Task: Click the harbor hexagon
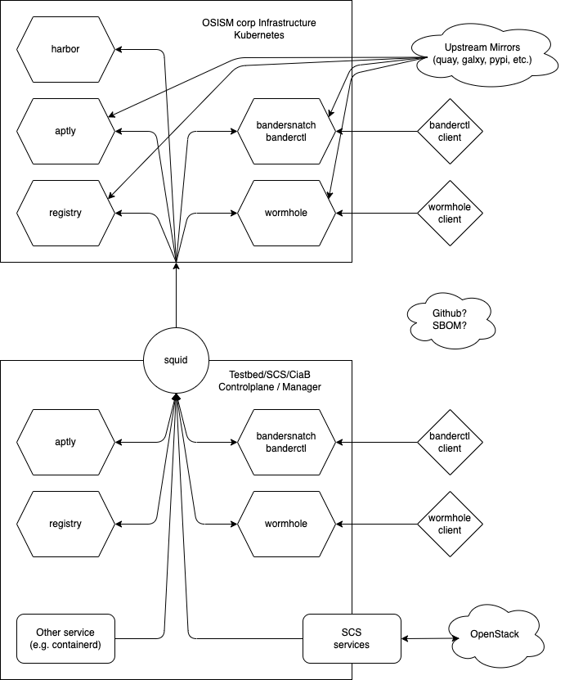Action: pyautogui.click(x=65, y=49)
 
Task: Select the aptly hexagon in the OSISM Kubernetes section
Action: pyautogui.click(x=65, y=131)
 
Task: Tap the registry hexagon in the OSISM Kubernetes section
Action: pyautogui.click(x=65, y=213)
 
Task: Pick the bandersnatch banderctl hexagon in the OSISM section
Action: pyautogui.click(x=286, y=131)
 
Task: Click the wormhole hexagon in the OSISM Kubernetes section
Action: pyautogui.click(x=286, y=213)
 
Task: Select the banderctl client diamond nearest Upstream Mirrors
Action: pyautogui.click(x=450, y=131)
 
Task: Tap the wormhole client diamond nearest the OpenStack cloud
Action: pyautogui.click(x=450, y=524)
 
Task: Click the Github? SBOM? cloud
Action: pyautogui.click(x=450, y=320)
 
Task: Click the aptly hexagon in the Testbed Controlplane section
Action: pyautogui.click(x=65, y=442)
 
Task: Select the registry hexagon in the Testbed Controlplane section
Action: pyautogui.click(x=65, y=524)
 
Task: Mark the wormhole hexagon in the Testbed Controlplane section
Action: pyautogui.click(x=286, y=524)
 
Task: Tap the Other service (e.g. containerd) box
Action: pyautogui.click(x=65, y=638)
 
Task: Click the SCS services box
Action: pyautogui.click(x=352, y=638)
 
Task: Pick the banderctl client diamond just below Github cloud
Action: pyautogui.click(x=450, y=442)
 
